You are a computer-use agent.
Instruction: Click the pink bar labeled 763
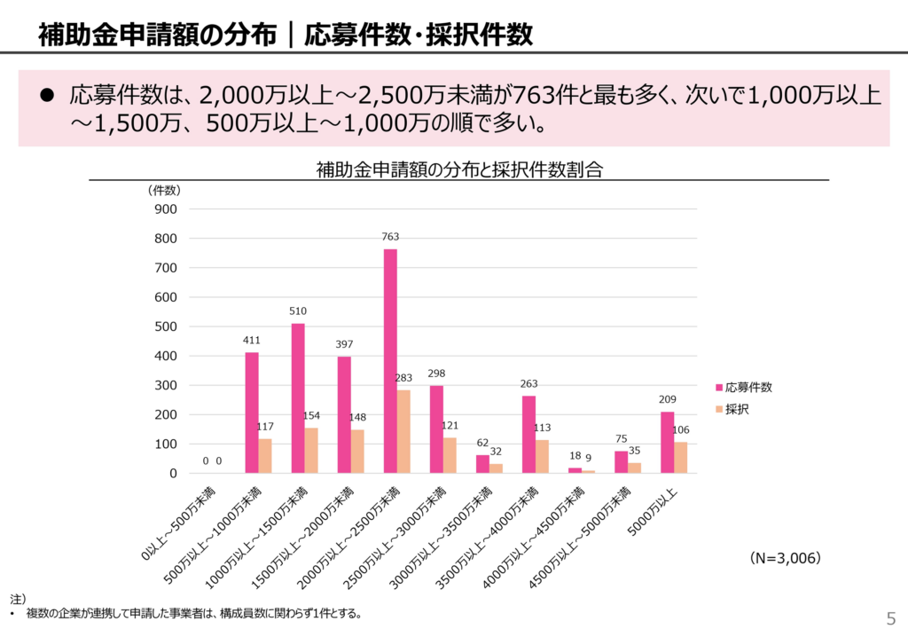pos(390,361)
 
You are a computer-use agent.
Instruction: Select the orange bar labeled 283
pos(403,431)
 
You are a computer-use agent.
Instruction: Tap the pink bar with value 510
pos(298,398)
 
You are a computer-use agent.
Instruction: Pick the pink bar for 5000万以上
pos(667,442)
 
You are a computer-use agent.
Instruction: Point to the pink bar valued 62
pos(482,464)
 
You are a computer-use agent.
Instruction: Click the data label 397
pos(344,343)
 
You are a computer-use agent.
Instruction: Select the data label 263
pos(528,383)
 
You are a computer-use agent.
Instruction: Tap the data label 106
pos(680,430)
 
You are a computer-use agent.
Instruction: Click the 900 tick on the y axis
pos(167,209)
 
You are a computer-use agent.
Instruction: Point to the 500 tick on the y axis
pos(167,326)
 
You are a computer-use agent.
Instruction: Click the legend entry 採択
pos(737,410)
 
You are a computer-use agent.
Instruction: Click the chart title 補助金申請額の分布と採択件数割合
pos(458,169)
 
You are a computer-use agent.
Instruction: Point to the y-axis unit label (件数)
pos(164,190)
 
